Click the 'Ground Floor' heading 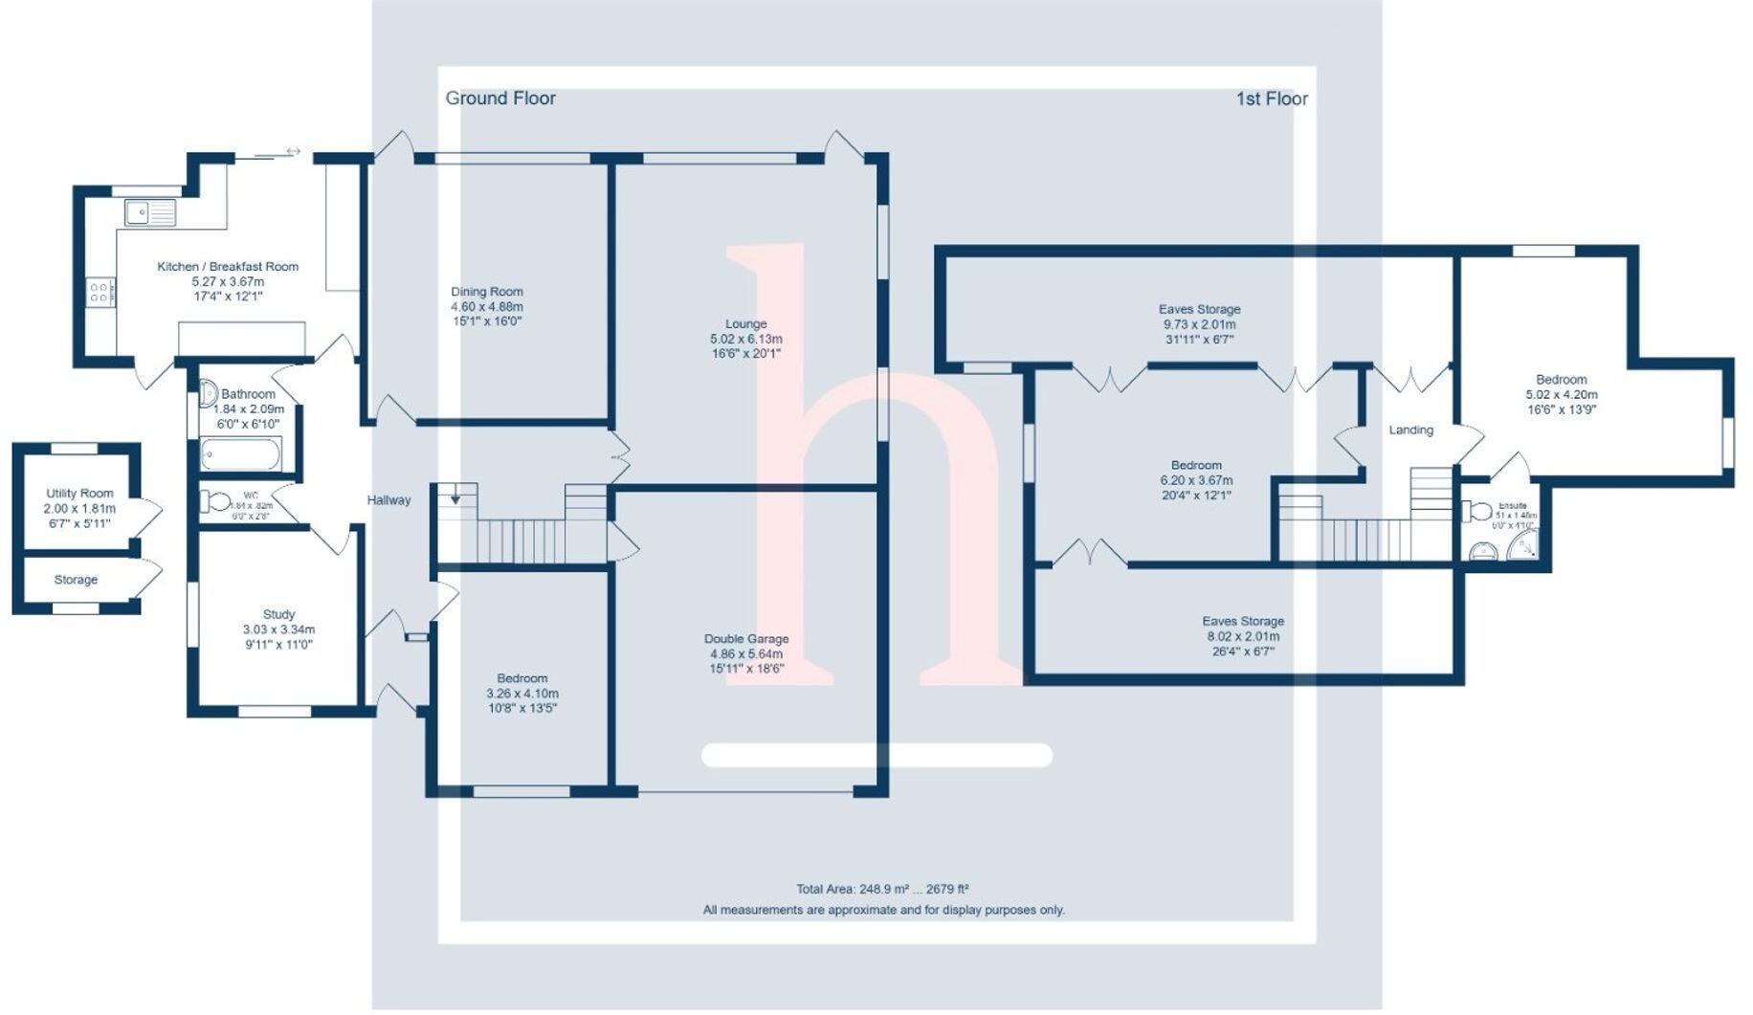(500, 99)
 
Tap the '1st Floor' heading (1272, 99)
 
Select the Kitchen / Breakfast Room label (228, 267)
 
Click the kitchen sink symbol (149, 211)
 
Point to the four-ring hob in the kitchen (100, 293)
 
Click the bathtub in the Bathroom (241, 454)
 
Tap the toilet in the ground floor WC (215, 501)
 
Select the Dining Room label (487, 292)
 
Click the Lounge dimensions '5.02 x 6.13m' (746, 339)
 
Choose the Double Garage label (746, 639)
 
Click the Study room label (278, 615)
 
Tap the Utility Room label (79, 494)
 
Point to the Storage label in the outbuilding (76, 580)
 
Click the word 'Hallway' (388, 500)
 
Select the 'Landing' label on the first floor (1410, 430)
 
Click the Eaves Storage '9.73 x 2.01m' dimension (1199, 324)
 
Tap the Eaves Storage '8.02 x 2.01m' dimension (1243, 636)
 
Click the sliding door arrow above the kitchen (293, 151)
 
